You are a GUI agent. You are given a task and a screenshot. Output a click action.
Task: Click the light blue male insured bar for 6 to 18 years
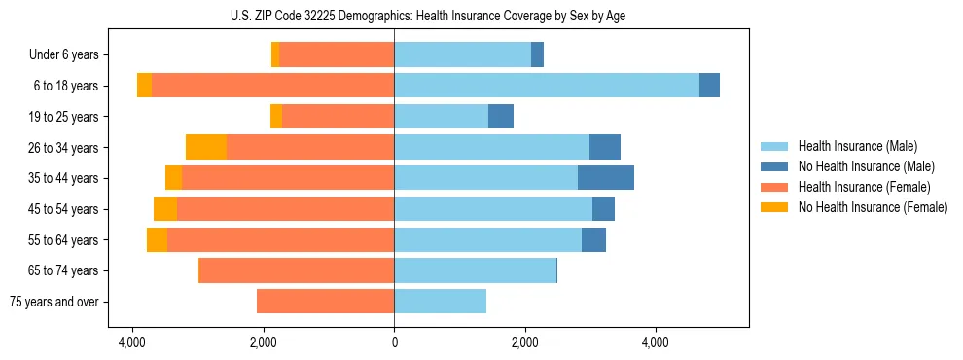click(546, 86)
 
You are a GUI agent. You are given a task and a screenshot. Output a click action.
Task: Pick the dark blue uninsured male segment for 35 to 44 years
click(605, 178)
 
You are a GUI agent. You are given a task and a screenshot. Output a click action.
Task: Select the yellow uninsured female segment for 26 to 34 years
click(206, 147)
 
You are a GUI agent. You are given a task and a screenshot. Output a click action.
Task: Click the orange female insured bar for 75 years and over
click(325, 302)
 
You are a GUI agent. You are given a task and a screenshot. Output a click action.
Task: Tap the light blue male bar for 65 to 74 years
click(475, 270)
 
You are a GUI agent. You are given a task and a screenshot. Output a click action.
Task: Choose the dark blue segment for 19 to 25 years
click(500, 117)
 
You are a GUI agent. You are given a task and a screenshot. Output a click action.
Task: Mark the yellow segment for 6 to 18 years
click(144, 86)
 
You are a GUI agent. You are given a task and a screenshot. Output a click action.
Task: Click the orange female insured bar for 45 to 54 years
click(285, 209)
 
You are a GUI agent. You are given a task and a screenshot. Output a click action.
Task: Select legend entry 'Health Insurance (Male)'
click(857, 146)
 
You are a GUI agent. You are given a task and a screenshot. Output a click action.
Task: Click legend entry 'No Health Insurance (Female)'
click(873, 207)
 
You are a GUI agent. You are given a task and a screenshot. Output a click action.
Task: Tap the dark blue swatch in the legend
click(774, 166)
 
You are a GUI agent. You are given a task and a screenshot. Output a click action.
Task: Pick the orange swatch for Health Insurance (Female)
click(774, 187)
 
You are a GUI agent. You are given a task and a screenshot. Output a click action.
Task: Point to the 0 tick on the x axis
click(394, 342)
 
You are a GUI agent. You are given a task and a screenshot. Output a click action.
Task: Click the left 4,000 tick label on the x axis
click(131, 342)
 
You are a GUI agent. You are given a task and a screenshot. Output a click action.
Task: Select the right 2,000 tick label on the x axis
click(525, 342)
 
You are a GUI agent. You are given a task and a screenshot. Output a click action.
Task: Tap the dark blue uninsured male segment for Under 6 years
click(537, 55)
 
